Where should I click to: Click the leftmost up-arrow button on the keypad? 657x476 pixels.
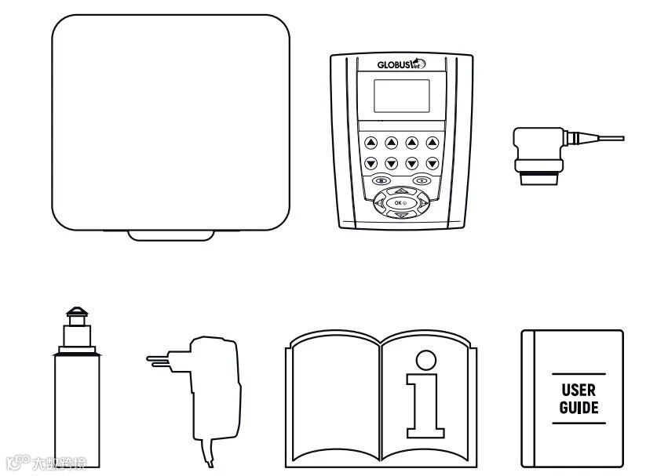tap(370, 143)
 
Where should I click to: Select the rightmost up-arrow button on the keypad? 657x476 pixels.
tap(432, 143)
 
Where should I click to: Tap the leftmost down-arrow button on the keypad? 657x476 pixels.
tap(370, 163)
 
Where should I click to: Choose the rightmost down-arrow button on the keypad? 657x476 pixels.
tap(432, 163)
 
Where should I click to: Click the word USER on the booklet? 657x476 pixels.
tap(579, 390)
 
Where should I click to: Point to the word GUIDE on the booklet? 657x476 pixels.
tap(579, 408)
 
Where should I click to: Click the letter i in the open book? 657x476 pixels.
tap(425, 396)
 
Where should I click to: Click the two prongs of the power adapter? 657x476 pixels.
tap(158, 360)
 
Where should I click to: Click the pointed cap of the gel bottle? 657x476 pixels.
tap(75, 316)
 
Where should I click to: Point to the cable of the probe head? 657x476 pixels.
tap(601, 140)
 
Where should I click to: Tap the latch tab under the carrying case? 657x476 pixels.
tap(170, 234)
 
